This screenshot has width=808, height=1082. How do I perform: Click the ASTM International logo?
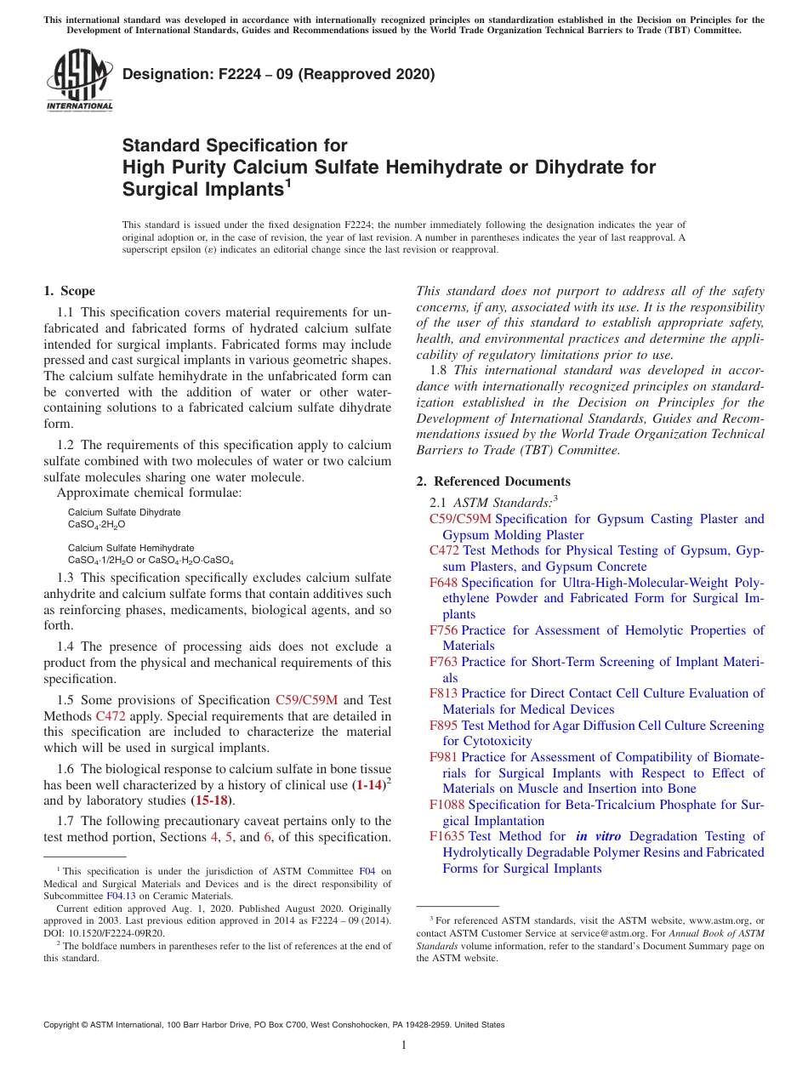coord(79,80)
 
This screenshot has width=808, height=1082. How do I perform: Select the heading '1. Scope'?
coord(70,291)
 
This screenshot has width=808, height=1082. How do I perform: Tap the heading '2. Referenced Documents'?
coord(493,481)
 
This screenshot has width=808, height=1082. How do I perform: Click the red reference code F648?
coord(443,583)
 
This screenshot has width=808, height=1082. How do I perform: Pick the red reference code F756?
coord(443,630)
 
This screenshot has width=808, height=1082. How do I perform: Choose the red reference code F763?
coord(443,662)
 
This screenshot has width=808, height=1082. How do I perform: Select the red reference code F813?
coord(443,693)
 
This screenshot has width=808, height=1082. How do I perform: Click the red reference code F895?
coord(443,726)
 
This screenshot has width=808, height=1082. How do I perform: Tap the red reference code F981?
coord(443,757)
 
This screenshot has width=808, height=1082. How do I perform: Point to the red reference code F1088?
coord(447,805)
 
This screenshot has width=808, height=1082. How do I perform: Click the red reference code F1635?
coord(447,836)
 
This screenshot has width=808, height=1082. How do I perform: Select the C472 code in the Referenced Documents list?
coord(444,550)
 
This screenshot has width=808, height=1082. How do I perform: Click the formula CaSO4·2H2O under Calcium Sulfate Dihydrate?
coord(97,525)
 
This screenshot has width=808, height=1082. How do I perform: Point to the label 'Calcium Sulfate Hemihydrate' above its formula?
coord(131,549)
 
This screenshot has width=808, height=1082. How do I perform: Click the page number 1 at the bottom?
coord(403,1045)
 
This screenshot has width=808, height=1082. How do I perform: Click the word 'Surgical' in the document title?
coord(158,188)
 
